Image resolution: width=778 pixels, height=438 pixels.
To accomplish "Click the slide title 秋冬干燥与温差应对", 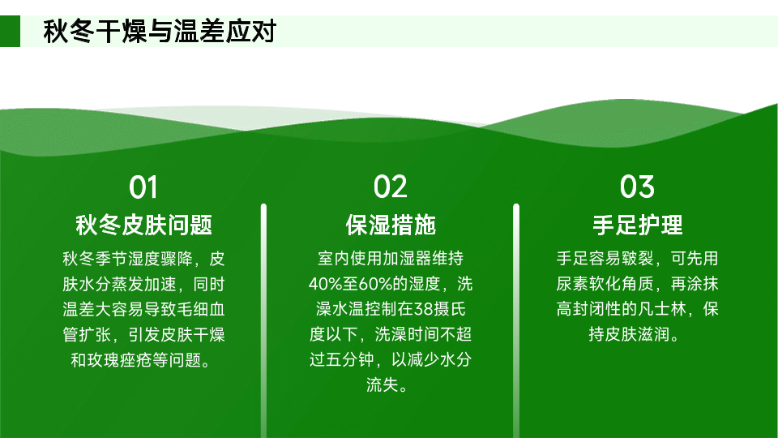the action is pos(160,32).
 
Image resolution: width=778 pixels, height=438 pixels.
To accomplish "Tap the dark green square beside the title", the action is pos(10,32).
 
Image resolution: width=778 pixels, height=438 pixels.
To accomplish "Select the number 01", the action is pos(143,187).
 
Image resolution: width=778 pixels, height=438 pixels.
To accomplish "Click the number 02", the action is pos(390,187).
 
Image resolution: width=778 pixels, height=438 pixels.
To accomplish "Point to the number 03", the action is pos(637,187).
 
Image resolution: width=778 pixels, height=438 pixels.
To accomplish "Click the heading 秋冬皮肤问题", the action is pos(144,225).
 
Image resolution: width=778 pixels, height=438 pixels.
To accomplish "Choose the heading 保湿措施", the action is pos(391,225).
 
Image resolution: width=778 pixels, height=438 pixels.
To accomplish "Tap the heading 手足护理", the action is pos(638,225).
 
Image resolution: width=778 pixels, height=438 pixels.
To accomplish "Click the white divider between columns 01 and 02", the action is pos(263,321).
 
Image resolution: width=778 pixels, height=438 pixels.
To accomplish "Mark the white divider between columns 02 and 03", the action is pos(516,321).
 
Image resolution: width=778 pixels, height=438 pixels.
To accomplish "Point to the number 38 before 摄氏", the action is pos(424,309).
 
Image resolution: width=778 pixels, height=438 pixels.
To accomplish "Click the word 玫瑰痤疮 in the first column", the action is pos(120,360).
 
